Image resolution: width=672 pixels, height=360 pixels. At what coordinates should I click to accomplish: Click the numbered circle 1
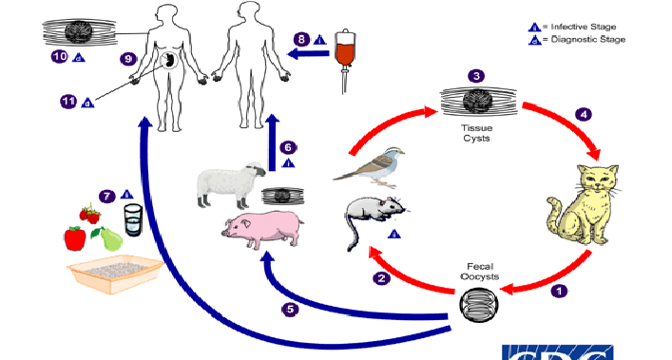[560, 291]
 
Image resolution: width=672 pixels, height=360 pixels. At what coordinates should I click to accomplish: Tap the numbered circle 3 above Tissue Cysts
[476, 75]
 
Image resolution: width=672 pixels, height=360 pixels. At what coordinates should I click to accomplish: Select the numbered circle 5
[290, 309]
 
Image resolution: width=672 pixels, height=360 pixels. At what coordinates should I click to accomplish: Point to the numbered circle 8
[301, 40]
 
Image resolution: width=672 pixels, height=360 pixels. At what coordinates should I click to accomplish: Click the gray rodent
[373, 217]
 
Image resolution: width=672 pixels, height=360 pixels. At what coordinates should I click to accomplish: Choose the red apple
[75, 237]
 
